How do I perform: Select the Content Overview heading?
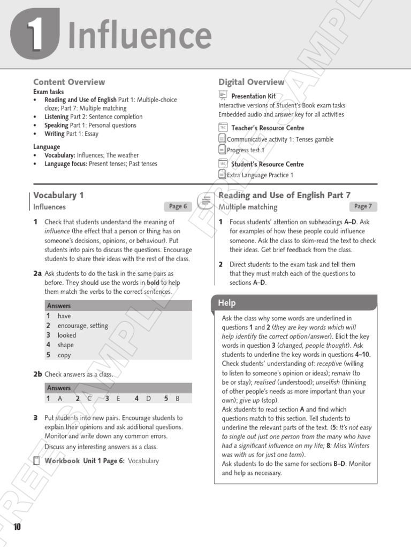[x=69, y=82]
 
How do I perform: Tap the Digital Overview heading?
[x=251, y=82]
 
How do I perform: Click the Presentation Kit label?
[x=253, y=96]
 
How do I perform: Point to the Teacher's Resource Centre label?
[x=268, y=128]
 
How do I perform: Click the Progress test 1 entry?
[x=246, y=151]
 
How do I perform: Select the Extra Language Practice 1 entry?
[x=260, y=175]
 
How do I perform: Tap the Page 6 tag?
[x=178, y=207]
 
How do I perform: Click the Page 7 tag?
[x=363, y=207]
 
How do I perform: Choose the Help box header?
[x=227, y=303]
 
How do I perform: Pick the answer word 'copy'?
[x=64, y=355]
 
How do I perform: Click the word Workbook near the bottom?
[x=62, y=460]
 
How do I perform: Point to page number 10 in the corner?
[x=17, y=528]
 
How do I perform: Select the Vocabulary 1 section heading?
[x=58, y=196]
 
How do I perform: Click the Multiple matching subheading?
[x=248, y=207]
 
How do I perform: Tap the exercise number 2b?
[x=37, y=374]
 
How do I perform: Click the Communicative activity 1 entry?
[x=280, y=139]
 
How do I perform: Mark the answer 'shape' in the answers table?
[x=66, y=345]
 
